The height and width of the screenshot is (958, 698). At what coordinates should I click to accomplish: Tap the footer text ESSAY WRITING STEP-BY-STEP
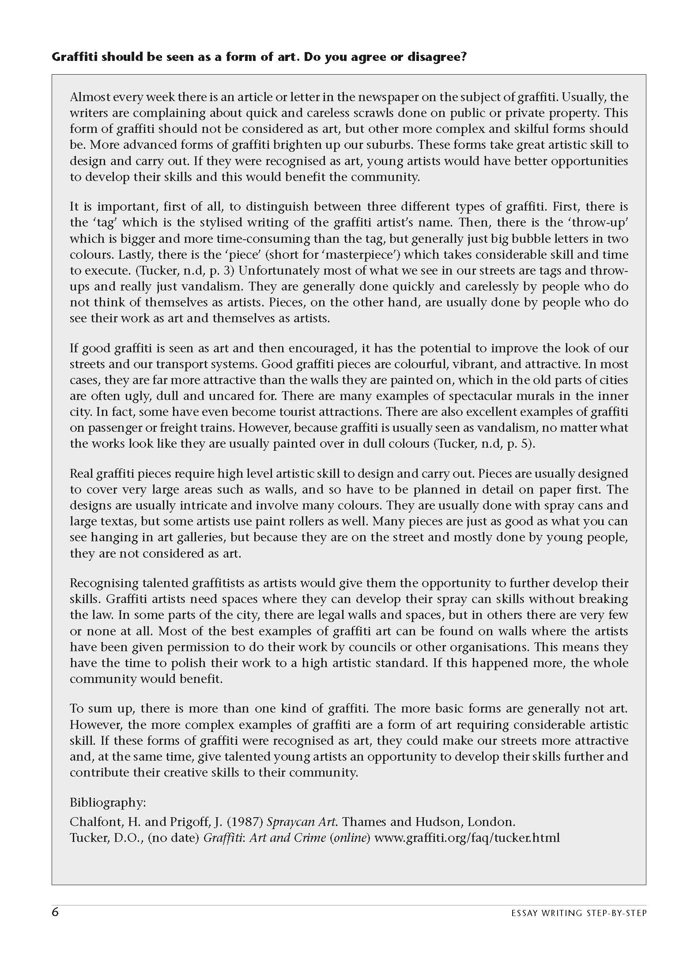(x=578, y=913)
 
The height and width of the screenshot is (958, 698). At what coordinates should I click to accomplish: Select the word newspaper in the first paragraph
(x=381, y=97)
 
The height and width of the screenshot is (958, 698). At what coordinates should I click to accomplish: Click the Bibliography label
(x=108, y=803)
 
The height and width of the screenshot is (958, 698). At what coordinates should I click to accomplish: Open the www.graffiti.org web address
(x=467, y=838)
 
